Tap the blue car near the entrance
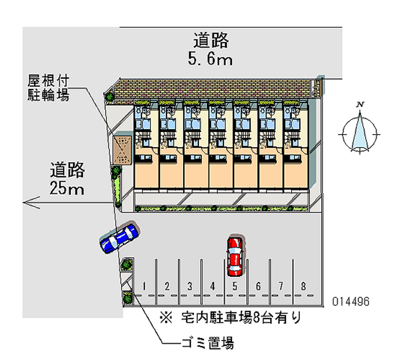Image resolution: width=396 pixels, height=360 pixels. point(119,238)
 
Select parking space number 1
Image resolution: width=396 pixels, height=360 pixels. point(144,286)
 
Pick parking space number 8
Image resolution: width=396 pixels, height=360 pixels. point(303,286)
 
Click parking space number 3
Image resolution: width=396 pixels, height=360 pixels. point(190,286)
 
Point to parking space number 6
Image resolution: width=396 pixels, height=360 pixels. point(258,286)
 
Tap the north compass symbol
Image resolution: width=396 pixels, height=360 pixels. point(360,130)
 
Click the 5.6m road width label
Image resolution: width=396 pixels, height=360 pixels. point(210,60)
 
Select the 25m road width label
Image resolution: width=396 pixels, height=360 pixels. point(67,188)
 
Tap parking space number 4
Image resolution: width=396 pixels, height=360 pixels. point(212,286)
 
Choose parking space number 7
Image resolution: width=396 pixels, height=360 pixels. point(281,286)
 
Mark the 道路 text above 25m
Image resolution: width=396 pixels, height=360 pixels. point(67,171)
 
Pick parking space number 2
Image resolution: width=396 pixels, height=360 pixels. point(167,286)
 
